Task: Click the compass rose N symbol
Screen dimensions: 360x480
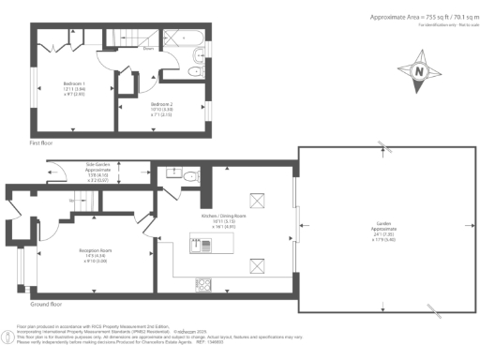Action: click(x=419, y=71)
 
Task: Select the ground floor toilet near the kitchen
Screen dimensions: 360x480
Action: click(x=188, y=175)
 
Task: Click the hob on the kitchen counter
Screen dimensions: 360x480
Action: click(x=203, y=283)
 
